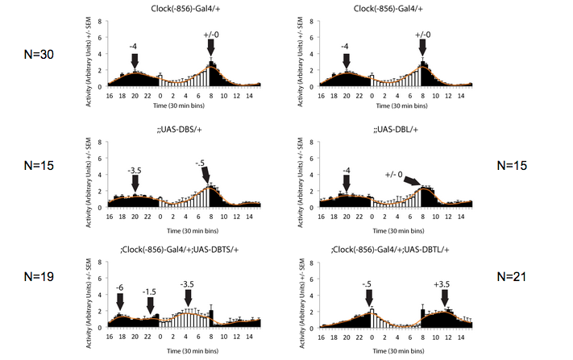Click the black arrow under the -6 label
click(x=119, y=301)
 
